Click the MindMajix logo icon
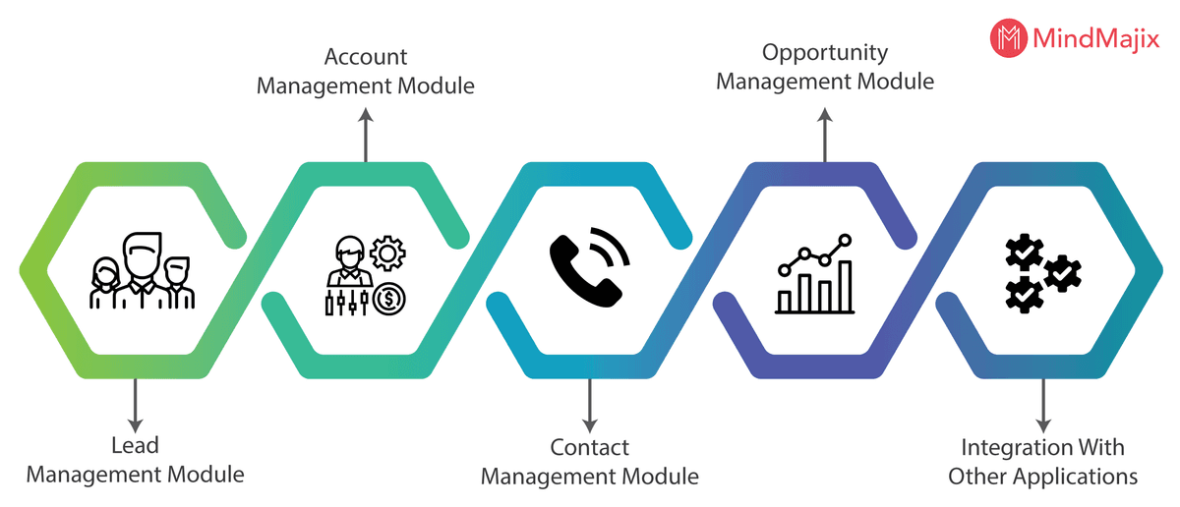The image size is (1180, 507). click(x=1007, y=38)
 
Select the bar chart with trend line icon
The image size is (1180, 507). click(x=815, y=274)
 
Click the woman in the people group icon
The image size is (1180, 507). click(x=104, y=284)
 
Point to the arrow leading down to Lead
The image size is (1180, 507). click(x=135, y=402)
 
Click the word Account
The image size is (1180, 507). click(x=366, y=56)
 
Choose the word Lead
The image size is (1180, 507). click(x=135, y=445)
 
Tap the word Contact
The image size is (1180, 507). click(x=589, y=448)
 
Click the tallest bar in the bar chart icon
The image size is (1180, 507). click(x=845, y=287)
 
